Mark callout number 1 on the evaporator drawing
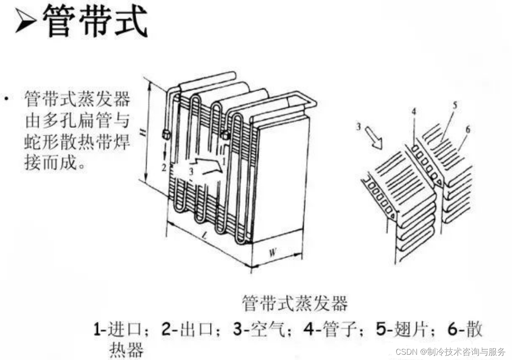[x=224, y=161]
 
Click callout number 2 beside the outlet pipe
[x=163, y=167]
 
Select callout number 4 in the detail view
[x=413, y=112]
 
